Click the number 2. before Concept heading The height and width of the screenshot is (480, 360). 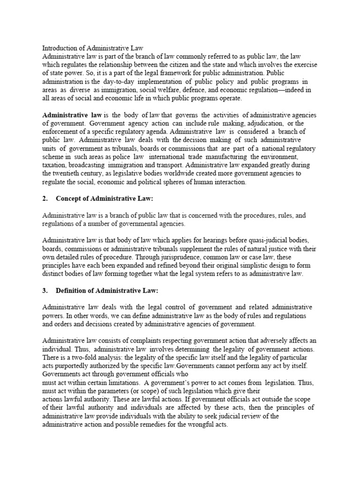point(45,199)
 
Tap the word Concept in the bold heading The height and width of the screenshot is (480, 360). point(68,199)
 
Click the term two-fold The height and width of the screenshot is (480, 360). point(84,357)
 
